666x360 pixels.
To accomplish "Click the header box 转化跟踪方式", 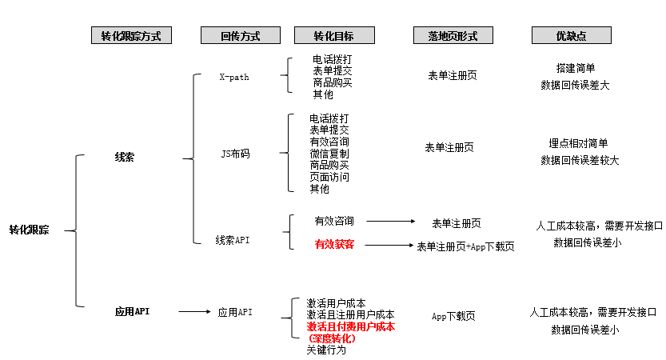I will click(x=131, y=36).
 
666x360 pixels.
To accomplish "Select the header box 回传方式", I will click(x=240, y=36).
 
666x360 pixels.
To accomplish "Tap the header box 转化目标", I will click(x=333, y=36).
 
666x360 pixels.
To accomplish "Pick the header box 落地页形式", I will click(x=453, y=36).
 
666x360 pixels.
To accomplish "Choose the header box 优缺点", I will click(x=571, y=36).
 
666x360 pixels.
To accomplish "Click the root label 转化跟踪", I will click(x=29, y=230).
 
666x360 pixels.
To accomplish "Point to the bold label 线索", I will click(x=125, y=158).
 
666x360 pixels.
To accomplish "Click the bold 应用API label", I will click(x=133, y=311).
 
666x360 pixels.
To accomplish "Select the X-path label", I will click(x=234, y=78).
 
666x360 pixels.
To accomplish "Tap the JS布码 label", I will click(x=235, y=154).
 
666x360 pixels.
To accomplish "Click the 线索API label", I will click(x=233, y=240).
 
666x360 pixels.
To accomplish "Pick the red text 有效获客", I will click(x=334, y=244).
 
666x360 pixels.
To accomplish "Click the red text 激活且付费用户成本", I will click(x=351, y=326).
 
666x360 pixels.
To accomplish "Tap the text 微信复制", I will click(x=329, y=153).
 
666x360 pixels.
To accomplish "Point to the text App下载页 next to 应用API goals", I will click(x=453, y=317).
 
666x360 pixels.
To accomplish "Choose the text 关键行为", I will click(x=326, y=350).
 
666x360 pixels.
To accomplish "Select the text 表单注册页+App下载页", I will click(x=466, y=246).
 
